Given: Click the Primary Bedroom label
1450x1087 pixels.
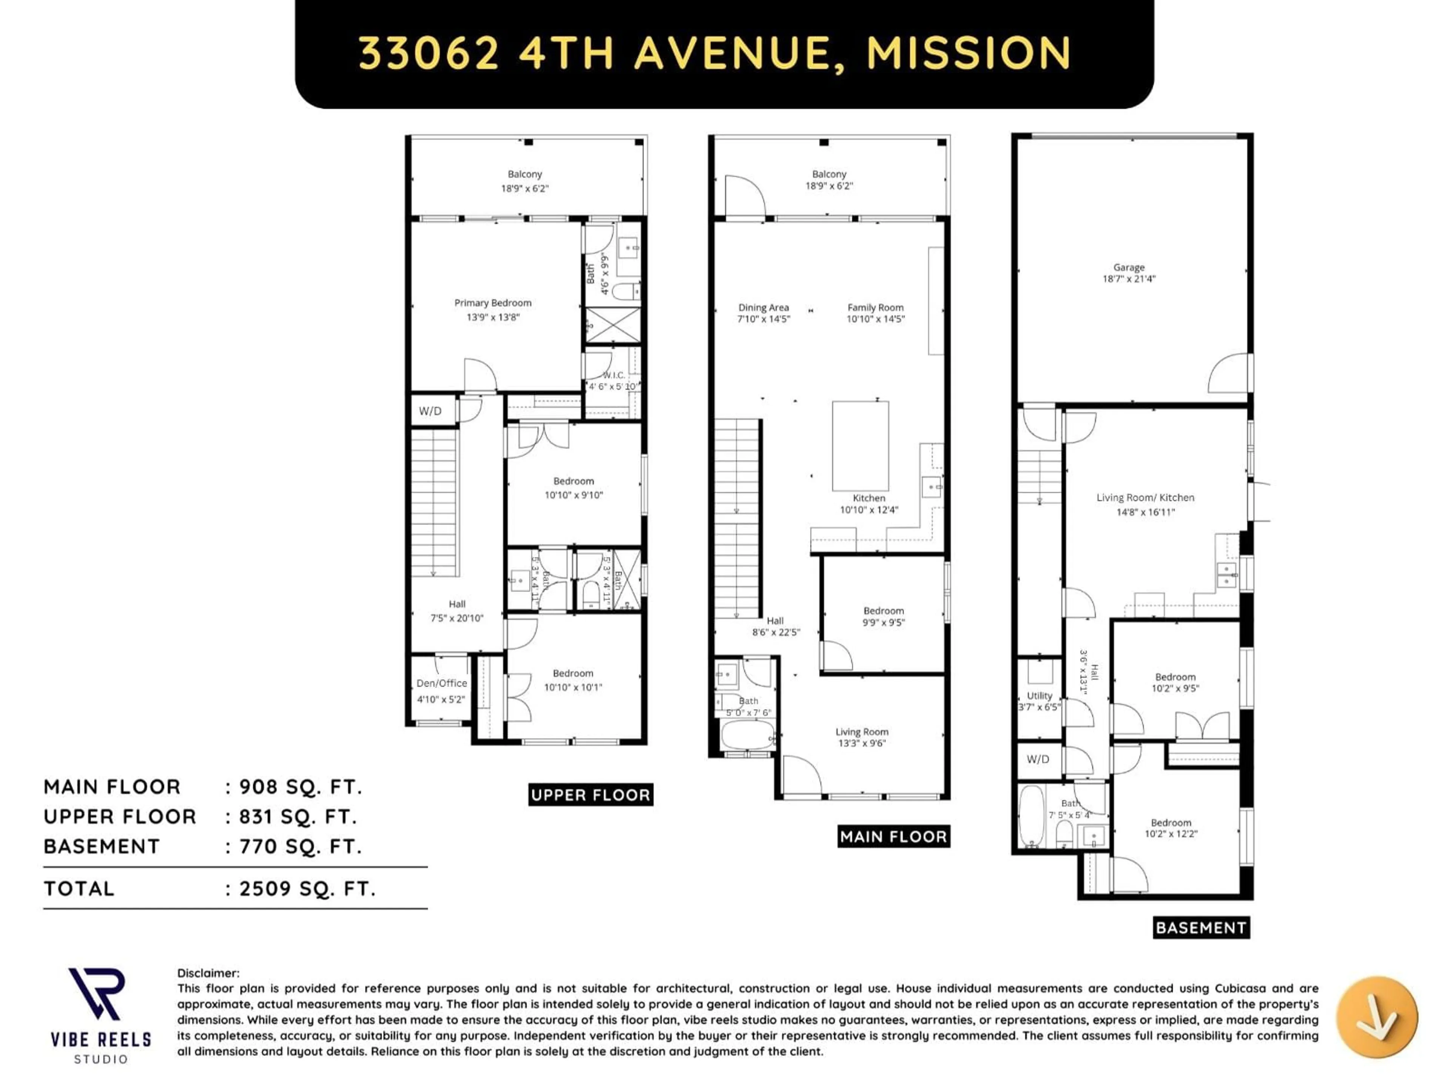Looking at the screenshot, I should tap(492, 303).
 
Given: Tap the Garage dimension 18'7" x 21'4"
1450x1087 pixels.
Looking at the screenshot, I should tap(1128, 279).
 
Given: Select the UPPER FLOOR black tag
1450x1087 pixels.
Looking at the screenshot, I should tap(590, 795).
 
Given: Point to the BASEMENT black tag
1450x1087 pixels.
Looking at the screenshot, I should tap(1200, 928).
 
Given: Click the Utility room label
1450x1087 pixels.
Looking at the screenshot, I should tap(1040, 696).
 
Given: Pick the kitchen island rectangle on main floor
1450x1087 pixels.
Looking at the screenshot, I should tap(860, 445).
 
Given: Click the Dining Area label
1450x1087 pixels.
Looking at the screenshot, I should tap(763, 307).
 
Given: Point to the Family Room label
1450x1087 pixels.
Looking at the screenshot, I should tap(875, 307).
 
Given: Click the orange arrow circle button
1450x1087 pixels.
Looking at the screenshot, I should tap(1377, 1017).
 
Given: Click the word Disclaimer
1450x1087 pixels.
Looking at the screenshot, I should tap(208, 973).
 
